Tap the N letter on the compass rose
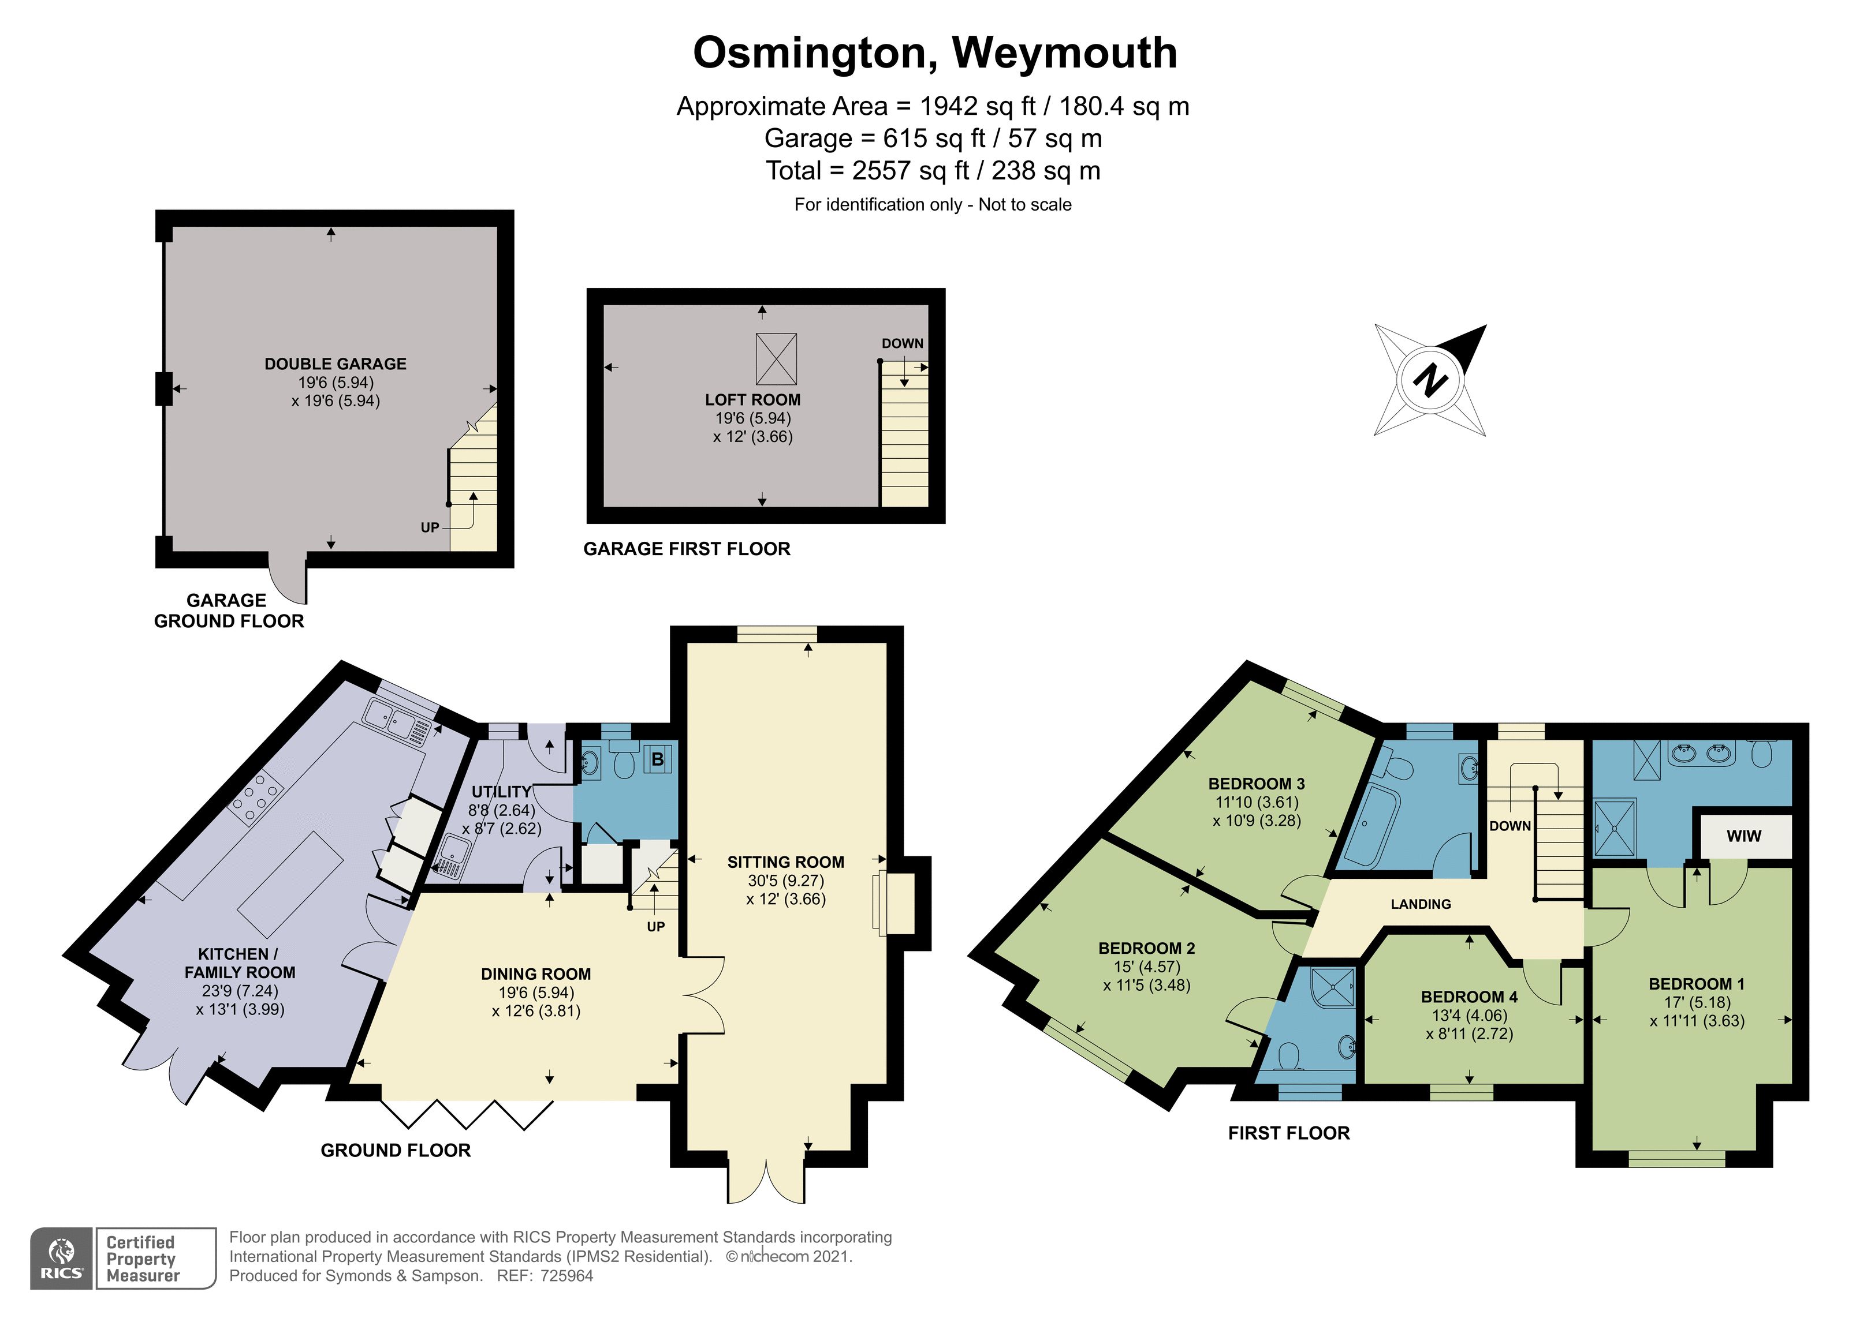click(x=1429, y=380)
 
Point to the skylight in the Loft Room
click(x=776, y=358)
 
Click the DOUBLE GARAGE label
click(x=335, y=364)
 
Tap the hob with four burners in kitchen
click(x=256, y=796)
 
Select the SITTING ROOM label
click(x=785, y=862)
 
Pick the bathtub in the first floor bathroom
click(x=1371, y=825)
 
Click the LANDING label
click(x=1421, y=904)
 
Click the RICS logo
click(x=62, y=1259)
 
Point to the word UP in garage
click(x=430, y=528)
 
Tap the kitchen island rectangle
click(x=291, y=885)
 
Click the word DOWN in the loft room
click(x=902, y=344)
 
